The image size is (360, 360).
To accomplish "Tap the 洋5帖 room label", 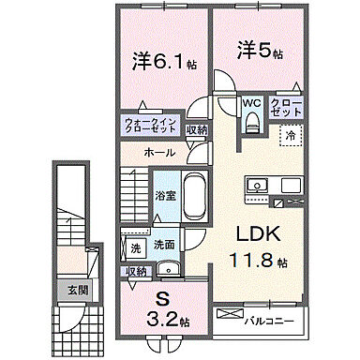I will coord(257,49).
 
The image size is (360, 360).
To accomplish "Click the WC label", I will coord(251,102).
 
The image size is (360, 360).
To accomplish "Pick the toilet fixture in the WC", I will coord(250,121).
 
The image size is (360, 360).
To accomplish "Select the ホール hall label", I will coord(158,152).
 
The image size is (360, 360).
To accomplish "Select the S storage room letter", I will coord(162,300).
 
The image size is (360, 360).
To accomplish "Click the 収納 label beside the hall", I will coord(196,129).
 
